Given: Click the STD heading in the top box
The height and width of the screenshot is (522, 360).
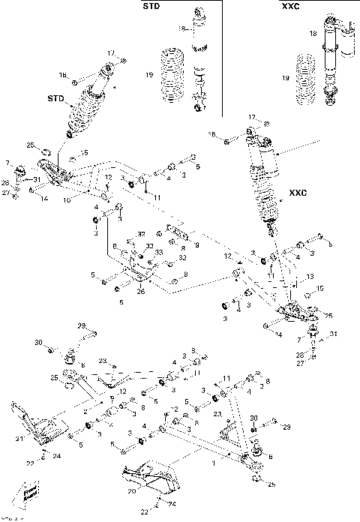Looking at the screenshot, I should pyautogui.click(x=152, y=7).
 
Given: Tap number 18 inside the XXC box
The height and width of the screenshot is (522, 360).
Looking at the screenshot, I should pyautogui.click(x=313, y=34).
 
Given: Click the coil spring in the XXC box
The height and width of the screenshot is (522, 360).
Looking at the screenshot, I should pyautogui.click(x=304, y=76).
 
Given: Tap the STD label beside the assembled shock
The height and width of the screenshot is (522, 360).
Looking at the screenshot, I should pyautogui.click(x=55, y=97).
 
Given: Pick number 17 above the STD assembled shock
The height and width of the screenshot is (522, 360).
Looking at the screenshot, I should pyautogui.click(x=109, y=53).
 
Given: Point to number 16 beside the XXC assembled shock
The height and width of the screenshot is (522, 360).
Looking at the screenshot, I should pyautogui.click(x=213, y=134).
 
